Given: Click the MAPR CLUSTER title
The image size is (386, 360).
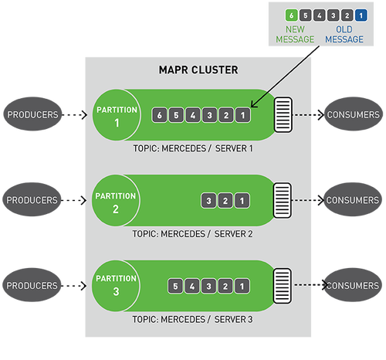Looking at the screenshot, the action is pos(198,70).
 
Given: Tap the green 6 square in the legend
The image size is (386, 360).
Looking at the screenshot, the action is pos(291,15).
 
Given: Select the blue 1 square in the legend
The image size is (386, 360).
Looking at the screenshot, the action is pos(361,15).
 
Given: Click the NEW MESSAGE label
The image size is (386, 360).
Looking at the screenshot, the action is pos(295,35).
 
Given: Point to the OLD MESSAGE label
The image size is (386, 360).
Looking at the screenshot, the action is pos(344,35).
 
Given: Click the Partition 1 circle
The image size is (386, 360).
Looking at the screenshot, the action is pos(117,115).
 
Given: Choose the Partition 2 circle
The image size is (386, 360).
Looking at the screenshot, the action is pos(116,201).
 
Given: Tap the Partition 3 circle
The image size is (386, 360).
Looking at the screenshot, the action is pos(116,286).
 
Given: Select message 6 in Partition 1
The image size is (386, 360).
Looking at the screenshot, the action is pos(160,115).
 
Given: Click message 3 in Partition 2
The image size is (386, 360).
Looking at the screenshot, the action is pos(208,201).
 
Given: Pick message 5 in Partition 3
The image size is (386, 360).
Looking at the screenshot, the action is pos(175,286).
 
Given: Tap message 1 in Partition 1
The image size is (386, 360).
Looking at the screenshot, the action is pos(242,115).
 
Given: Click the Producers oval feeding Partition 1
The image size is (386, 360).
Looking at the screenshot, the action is pos(32,114).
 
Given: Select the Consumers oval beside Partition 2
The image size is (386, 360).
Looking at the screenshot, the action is pos(353,199).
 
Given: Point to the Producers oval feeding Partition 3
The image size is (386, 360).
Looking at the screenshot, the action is pos(32,285).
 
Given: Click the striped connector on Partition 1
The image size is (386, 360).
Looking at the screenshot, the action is pos(283,115).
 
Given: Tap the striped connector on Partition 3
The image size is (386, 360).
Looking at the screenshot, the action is pos(283,286).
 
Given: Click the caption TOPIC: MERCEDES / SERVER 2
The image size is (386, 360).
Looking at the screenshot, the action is pos(192,234).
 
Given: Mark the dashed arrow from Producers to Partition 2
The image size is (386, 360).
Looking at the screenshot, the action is pos(74,200).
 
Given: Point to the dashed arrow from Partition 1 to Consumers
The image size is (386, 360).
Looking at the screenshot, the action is pos(309,115).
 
